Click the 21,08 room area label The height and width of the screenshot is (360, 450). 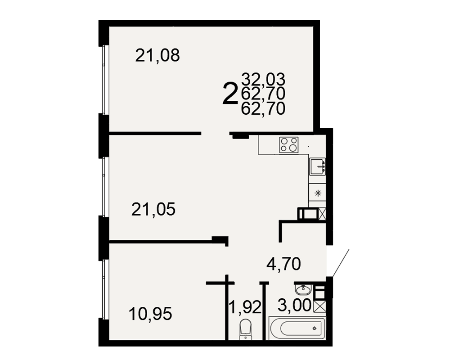(157, 55)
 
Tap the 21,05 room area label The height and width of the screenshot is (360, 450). (153, 209)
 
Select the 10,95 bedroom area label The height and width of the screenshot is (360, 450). (150, 314)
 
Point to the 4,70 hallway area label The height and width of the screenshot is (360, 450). (283, 264)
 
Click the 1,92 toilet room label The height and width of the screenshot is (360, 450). (245, 307)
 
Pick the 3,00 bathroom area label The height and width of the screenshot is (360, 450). (294, 305)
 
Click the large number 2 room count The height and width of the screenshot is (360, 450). (230, 93)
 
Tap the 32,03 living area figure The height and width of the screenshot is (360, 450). (263, 79)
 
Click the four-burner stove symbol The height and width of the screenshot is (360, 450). (289, 145)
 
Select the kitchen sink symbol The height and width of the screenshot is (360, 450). (317, 166)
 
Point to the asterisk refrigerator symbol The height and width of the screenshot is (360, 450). (318, 193)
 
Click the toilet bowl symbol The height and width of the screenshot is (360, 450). (245, 329)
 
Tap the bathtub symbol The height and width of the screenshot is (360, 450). (297, 328)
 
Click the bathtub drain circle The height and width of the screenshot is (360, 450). (315, 328)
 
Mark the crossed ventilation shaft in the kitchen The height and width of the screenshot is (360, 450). (322, 214)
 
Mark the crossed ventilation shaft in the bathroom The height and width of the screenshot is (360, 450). (320, 306)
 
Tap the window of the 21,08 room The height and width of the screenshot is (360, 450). (104, 80)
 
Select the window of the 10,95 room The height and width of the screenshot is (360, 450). (104, 289)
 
